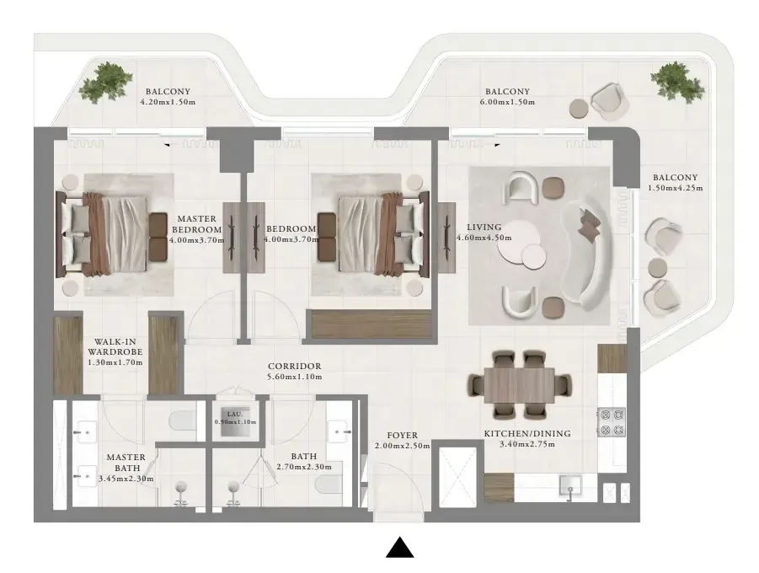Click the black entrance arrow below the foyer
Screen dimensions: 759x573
pos(400,548)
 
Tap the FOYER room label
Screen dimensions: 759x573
pos(403,436)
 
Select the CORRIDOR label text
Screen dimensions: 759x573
pos(295,367)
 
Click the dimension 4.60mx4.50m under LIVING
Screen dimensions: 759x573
pos(484,238)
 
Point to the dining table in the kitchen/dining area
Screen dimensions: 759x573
pos(519,385)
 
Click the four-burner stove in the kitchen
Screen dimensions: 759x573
pos(612,422)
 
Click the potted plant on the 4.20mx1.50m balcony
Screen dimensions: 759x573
pos(105,82)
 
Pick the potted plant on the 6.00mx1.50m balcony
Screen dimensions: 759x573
pos(677,81)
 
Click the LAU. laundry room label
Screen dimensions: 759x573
pos(235,414)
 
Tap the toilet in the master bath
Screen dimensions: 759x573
pos(183,420)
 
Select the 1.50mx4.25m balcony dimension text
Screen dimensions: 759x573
pos(676,188)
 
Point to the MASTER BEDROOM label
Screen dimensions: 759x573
pos(196,224)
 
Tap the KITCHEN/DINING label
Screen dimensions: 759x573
pos(527,433)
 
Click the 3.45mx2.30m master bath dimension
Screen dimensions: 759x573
pos(126,479)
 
